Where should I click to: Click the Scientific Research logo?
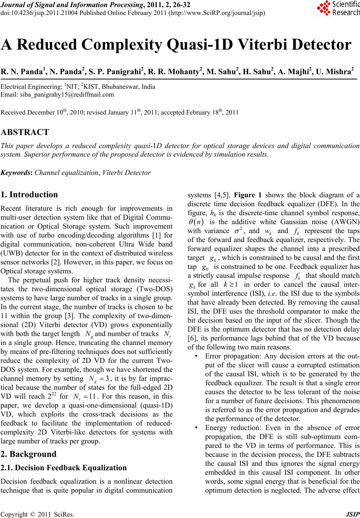tap(338, 8)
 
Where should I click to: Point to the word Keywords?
tap(16, 173)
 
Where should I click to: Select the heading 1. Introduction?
tap(29, 195)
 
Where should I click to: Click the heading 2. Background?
tap(29, 454)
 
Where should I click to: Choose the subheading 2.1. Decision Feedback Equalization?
tap(64, 468)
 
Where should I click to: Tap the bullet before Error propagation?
tap(196, 356)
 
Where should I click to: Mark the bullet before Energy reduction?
tap(196, 428)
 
